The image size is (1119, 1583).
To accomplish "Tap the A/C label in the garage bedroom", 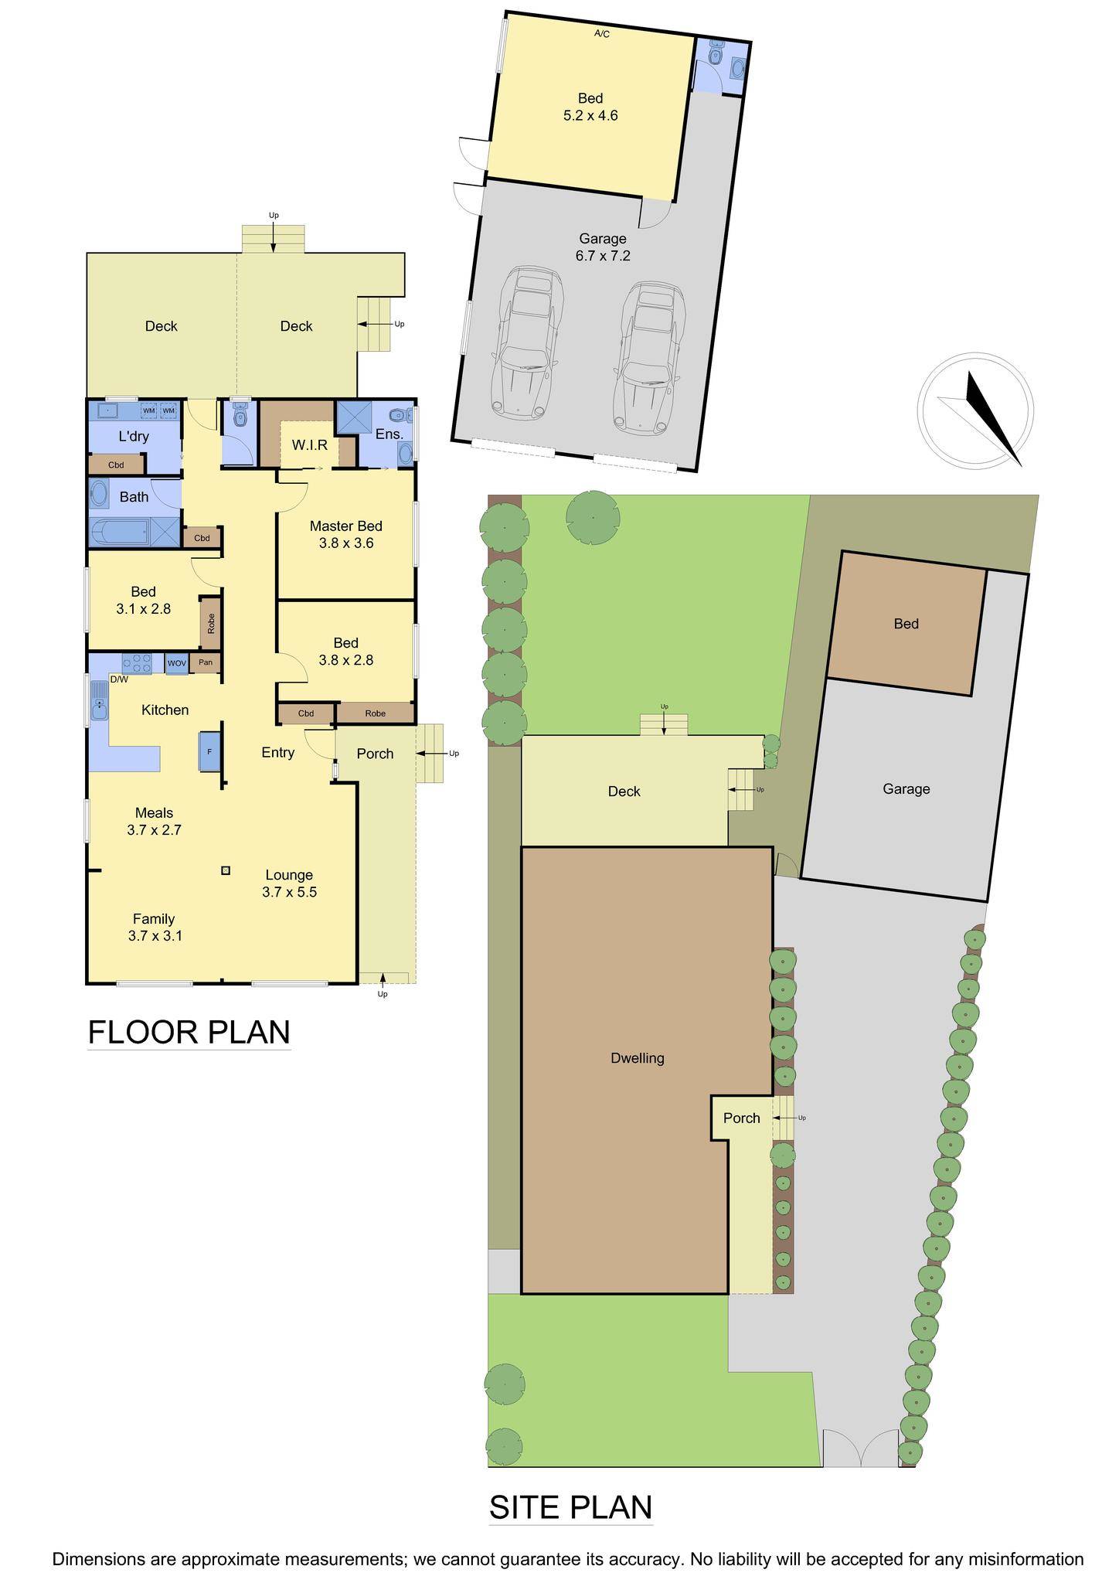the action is click(602, 34).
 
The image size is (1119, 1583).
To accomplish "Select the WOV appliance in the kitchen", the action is click(177, 663).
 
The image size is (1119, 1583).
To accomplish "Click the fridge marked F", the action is click(209, 751).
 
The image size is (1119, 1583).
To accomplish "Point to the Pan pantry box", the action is click(206, 662).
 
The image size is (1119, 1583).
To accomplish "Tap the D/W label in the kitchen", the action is click(119, 679).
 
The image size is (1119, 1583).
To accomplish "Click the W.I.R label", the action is click(310, 445).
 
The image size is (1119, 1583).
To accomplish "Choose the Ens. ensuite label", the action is click(389, 434).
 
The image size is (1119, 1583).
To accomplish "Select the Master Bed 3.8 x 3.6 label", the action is click(346, 535).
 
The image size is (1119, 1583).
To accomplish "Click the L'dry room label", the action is click(134, 437).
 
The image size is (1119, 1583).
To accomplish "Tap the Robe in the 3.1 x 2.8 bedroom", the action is click(211, 622).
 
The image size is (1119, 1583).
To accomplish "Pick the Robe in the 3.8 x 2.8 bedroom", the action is click(376, 713).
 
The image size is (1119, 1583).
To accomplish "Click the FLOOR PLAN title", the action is click(189, 1032).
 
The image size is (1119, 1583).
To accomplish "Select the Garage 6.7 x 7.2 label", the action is click(603, 247).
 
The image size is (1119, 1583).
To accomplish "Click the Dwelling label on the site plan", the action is click(638, 1058).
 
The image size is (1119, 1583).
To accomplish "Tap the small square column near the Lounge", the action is click(226, 870).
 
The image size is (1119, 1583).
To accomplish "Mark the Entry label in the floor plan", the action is click(278, 752).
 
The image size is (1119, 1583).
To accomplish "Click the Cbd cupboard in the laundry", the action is click(116, 465).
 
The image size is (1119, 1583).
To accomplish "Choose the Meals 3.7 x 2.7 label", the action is click(154, 822).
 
